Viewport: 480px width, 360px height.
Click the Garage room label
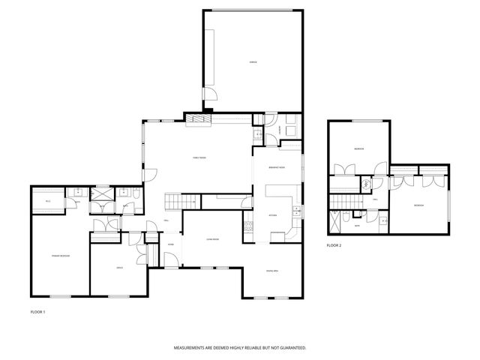click(x=253, y=62)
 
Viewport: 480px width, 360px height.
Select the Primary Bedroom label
click(x=61, y=256)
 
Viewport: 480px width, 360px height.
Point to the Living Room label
click(x=212, y=239)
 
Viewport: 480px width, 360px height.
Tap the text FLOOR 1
click(x=37, y=310)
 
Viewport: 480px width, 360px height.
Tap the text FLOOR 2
click(x=334, y=245)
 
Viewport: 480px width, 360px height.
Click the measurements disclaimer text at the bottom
click(x=240, y=348)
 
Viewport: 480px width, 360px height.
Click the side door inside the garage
click(x=213, y=96)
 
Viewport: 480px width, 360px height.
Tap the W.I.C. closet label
click(x=47, y=201)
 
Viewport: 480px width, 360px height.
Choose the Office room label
click(x=118, y=268)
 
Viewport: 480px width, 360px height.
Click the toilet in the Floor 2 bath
click(x=383, y=220)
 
